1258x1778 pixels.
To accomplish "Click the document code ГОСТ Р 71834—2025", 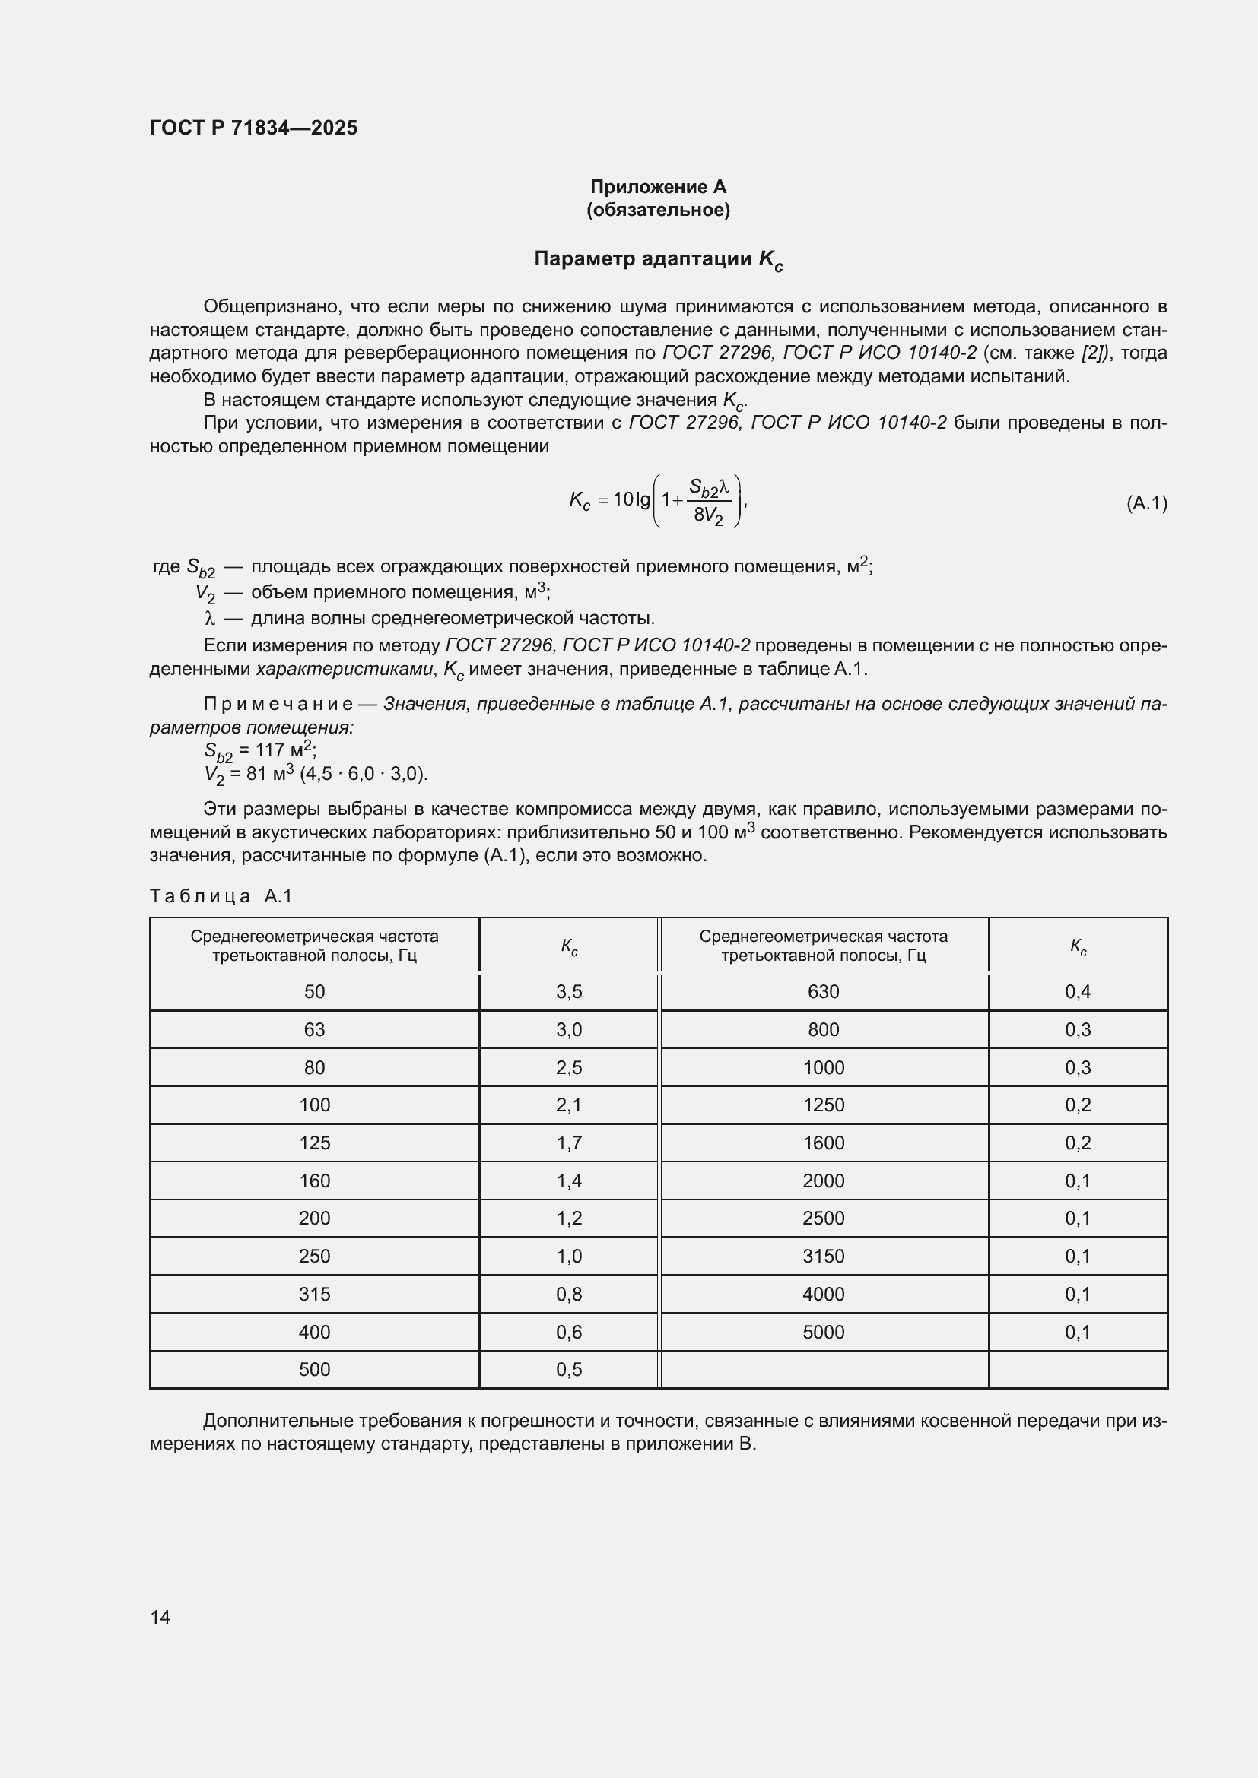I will click(x=253, y=128).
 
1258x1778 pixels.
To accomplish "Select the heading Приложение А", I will click(x=658, y=187).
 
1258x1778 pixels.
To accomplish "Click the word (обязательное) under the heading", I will click(x=658, y=210).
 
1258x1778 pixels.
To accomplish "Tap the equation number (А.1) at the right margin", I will click(x=1145, y=503).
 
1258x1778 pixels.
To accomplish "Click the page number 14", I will click(x=160, y=1617).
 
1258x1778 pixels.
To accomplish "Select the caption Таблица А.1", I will click(x=221, y=896).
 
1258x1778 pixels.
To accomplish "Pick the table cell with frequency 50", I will click(x=315, y=992).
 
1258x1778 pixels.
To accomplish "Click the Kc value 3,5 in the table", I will click(x=569, y=992).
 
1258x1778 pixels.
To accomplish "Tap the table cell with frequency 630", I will click(x=823, y=992).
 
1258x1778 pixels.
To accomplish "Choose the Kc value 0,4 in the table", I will click(x=1078, y=992).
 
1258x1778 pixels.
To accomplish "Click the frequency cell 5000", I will click(x=823, y=1332).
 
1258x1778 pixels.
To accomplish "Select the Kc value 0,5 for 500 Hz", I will click(x=569, y=1370).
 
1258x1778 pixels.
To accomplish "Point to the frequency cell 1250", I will click(x=823, y=1105).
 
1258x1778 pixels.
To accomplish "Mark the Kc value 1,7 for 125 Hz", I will click(x=569, y=1143).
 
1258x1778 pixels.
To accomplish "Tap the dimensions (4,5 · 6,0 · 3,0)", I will click(x=364, y=774).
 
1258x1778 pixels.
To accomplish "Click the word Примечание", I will click(x=278, y=704).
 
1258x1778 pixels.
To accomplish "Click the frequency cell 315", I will click(x=315, y=1294).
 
